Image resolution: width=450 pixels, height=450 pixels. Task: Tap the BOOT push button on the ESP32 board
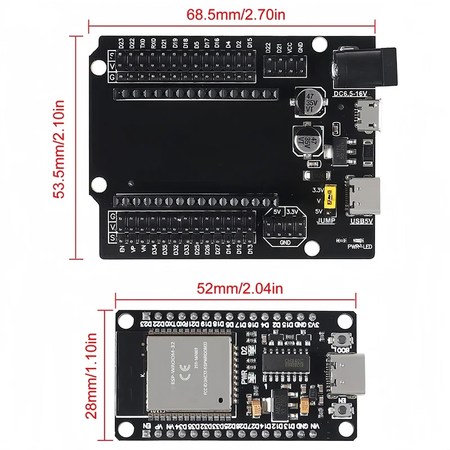[341, 339]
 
